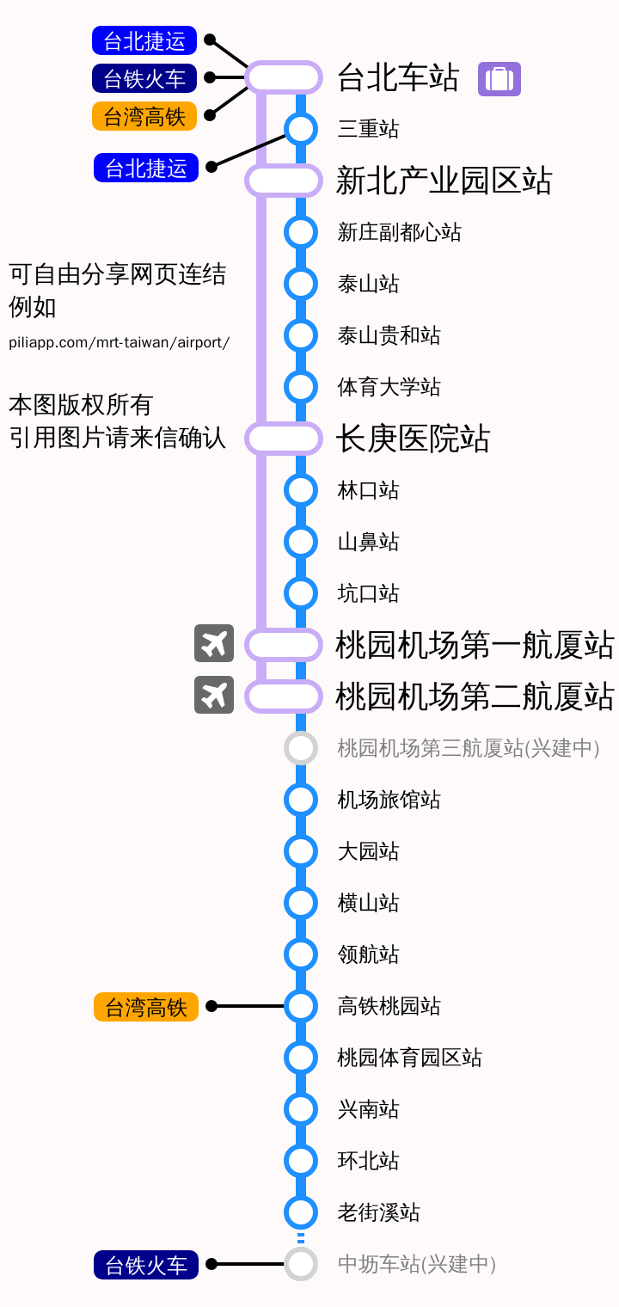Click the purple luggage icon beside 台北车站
pyautogui.click(x=499, y=79)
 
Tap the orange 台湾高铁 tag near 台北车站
pyautogui.click(x=144, y=116)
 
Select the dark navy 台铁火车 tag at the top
pyautogui.click(x=144, y=78)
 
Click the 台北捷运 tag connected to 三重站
pyautogui.click(x=146, y=168)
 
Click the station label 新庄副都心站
pyautogui.click(x=400, y=232)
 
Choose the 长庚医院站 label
pyautogui.click(x=413, y=439)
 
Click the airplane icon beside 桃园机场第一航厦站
pyautogui.click(x=214, y=643)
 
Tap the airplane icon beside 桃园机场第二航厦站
pyautogui.click(x=214, y=695)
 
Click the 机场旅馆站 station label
pyautogui.click(x=389, y=800)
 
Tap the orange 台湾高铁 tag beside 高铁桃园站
pyautogui.click(x=146, y=1007)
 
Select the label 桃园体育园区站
pyautogui.click(x=409, y=1058)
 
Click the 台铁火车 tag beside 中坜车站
pyautogui.click(x=146, y=1264)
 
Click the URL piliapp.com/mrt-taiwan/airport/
pyautogui.click(x=119, y=342)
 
